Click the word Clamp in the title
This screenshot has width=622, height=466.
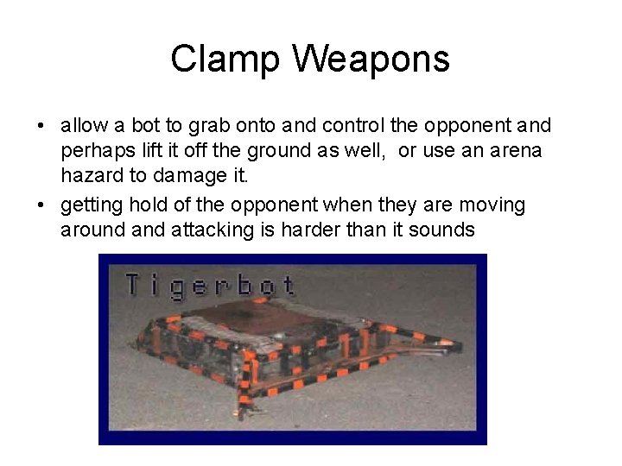[212, 60]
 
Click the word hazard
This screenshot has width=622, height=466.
[90, 177]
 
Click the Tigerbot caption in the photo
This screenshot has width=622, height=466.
[210, 285]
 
